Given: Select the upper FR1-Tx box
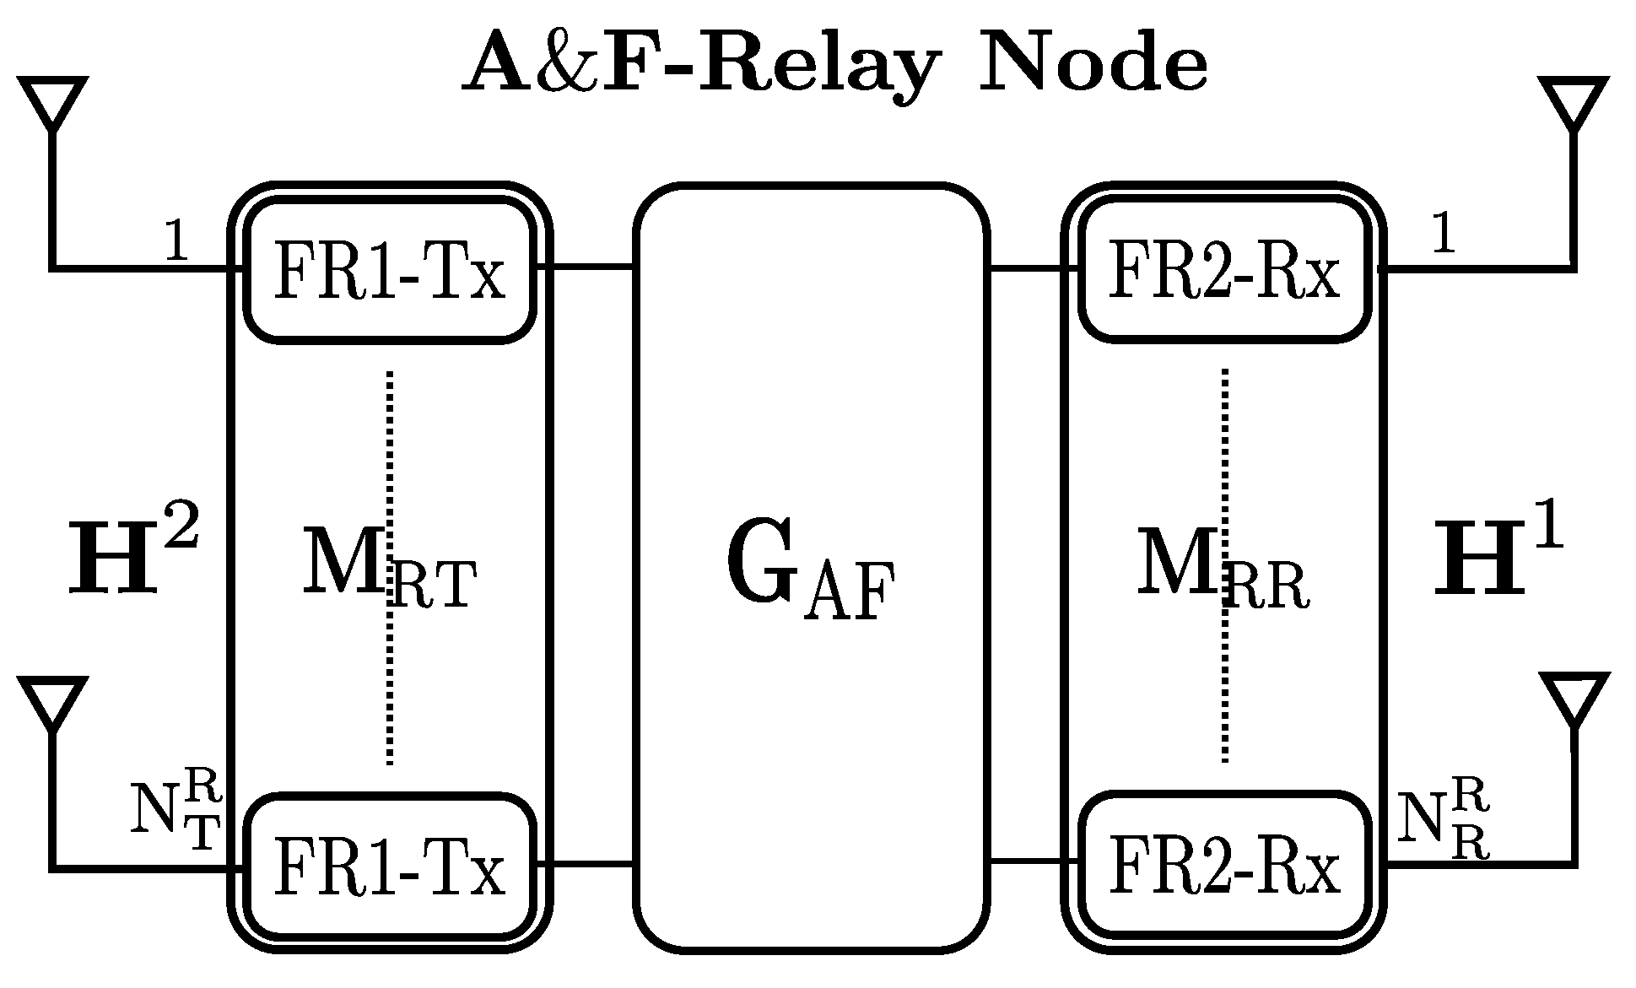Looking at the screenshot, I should (390, 271).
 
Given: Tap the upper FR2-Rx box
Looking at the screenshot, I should (1223, 271).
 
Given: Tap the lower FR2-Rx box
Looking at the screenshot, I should (1223, 865).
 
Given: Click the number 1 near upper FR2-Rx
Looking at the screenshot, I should (1443, 233).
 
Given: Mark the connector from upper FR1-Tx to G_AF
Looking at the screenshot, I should (585, 267).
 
